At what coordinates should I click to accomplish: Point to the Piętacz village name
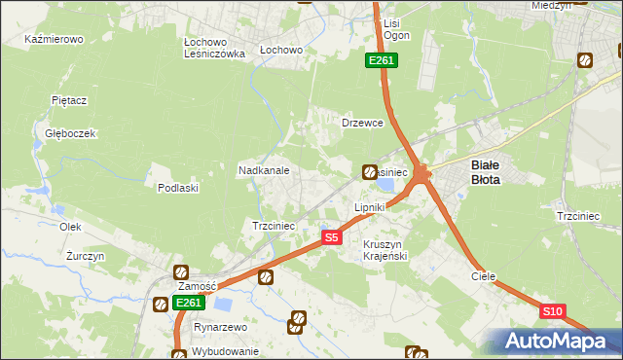70,100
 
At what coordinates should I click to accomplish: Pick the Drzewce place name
362,124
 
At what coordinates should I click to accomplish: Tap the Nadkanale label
264,170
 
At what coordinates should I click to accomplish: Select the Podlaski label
178,188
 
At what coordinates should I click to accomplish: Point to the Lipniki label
370,207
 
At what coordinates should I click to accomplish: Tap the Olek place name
69,226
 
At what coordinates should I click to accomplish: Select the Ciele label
484,276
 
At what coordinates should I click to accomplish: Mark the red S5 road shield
332,237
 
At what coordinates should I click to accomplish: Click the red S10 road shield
552,311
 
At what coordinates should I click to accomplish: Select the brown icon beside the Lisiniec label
370,172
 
